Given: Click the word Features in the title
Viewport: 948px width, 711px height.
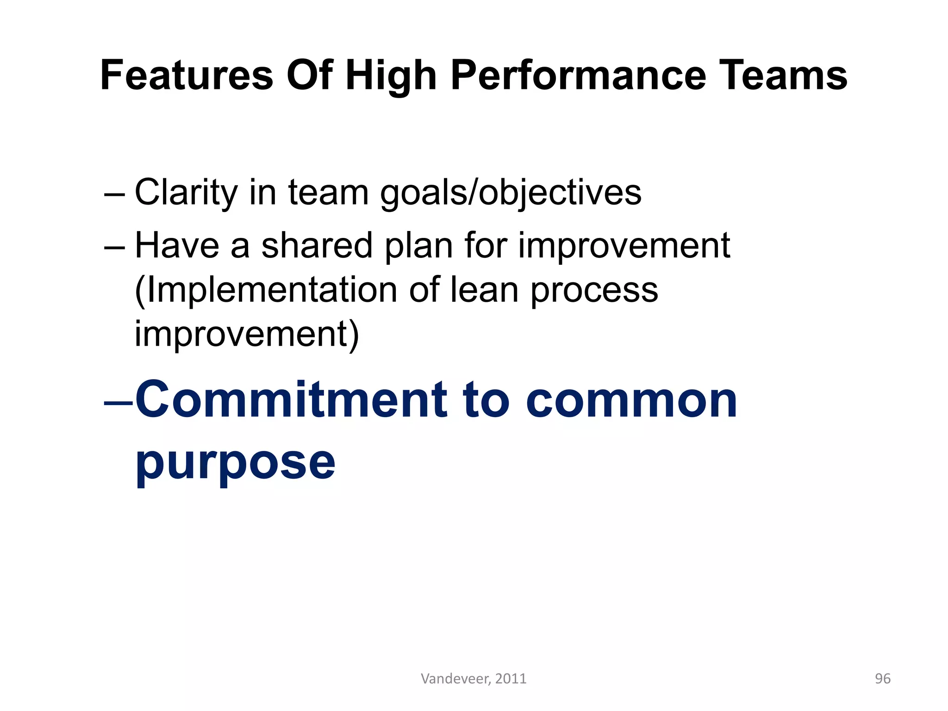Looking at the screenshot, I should tap(187, 75).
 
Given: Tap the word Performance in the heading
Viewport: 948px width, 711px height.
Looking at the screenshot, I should tap(578, 75).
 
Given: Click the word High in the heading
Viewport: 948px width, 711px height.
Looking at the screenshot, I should tap(391, 75).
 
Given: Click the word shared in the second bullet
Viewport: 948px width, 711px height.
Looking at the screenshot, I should tap(317, 245).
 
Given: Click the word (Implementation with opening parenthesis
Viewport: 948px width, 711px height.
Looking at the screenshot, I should tap(266, 290).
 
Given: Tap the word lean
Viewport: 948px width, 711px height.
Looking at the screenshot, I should tap(484, 290).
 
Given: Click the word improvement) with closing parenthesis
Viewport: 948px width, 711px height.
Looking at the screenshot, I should tap(247, 334).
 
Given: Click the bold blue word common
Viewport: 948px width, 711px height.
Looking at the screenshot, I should tap(631, 400).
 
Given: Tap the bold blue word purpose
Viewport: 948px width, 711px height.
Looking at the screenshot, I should tap(235, 462).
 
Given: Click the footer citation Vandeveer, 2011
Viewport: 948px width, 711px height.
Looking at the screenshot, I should tap(474, 679).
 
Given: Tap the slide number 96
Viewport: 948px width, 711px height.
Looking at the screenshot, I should tap(882, 679).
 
